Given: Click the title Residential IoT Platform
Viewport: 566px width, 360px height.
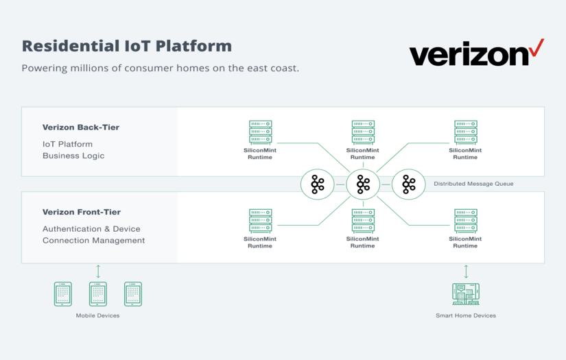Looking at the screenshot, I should [127, 46].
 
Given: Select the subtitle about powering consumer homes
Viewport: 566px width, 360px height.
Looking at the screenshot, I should [161, 69].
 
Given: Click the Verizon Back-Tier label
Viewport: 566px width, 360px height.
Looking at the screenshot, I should [80, 127].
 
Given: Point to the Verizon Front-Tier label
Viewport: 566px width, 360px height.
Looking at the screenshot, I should [82, 213].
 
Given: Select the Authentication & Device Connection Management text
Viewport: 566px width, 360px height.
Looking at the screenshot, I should [93, 235].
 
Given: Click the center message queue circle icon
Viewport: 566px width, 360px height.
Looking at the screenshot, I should [363, 184].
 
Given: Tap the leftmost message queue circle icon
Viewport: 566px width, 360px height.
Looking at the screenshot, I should [318, 184].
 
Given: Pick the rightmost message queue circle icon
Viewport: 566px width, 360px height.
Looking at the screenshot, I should [409, 184].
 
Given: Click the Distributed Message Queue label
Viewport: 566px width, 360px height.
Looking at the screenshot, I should [473, 184].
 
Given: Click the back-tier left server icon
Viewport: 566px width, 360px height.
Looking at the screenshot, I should [260, 132].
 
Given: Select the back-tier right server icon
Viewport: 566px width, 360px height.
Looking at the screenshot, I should [465, 132].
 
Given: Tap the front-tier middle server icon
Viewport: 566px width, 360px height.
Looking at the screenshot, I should [363, 221].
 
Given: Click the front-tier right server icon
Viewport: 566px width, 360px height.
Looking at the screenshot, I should [465, 221].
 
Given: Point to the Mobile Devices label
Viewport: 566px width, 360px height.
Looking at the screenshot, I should [97, 315].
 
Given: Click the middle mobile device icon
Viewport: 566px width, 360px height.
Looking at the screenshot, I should [98, 293].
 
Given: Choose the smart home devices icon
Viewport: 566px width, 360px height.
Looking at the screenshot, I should [466, 293].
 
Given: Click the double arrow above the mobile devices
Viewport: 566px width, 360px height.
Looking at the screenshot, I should [98, 271].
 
